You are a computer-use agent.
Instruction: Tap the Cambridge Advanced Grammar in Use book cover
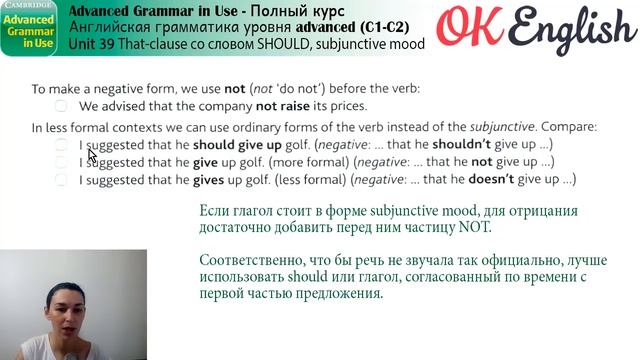tap(32, 28)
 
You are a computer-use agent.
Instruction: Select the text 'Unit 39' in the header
tap(92, 45)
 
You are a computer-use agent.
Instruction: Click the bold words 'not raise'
tap(284, 106)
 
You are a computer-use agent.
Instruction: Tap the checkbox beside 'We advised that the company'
tap(62, 106)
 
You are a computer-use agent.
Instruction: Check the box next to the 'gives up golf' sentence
tap(62, 180)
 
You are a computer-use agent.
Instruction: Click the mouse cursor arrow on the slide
tap(92, 156)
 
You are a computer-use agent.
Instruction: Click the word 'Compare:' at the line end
tap(571, 127)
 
